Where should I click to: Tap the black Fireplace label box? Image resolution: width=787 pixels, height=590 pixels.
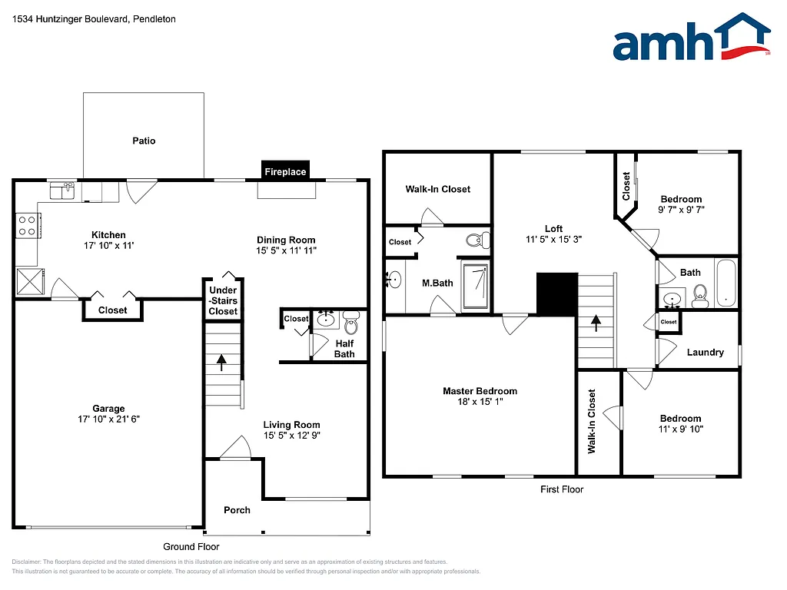click(x=285, y=171)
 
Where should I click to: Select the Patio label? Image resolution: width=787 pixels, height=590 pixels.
click(x=144, y=141)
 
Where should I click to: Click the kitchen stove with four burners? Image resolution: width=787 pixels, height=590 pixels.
click(x=28, y=225)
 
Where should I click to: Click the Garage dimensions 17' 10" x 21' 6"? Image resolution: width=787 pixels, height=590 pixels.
click(x=108, y=419)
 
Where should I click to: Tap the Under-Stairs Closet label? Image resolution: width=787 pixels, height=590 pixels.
click(x=223, y=300)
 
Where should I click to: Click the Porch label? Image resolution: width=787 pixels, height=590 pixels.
click(x=237, y=510)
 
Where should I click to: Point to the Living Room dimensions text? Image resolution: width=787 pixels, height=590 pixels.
click(x=291, y=435)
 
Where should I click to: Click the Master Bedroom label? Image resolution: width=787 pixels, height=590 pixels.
click(x=480, y=391)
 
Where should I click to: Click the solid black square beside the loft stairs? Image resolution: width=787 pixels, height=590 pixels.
click(x=557, y=293)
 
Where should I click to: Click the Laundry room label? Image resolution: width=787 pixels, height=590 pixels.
click(x=705, y=352)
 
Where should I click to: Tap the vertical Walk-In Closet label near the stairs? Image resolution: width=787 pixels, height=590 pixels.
click(x=592, y=421)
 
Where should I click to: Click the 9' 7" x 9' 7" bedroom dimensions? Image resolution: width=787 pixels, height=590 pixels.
click(x=681, y=209)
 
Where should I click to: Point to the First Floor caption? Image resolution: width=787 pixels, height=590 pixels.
click(x=561, y=489)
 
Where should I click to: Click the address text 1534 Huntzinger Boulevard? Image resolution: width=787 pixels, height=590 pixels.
click(x=95, y=18)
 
